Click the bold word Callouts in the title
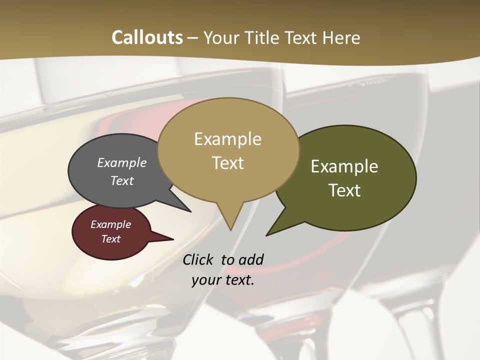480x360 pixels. pyautogui.click(x=147, y=37)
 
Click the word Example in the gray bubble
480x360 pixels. pyautogui.click(x=122, y=162)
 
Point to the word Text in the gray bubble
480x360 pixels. pyautogui.click(x=122, y=180)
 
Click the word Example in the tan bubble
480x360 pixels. pyautogui.click(x=227, y=139)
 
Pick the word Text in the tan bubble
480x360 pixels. pyautogui.click(x=227, y=163)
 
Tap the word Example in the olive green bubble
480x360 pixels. pyautogui.click(x=344, y=166)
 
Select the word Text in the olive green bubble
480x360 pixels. pyautogui.click(x=344, y=190)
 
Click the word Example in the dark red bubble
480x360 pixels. pyautogui.click(x=110, y=224)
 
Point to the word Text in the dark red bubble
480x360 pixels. pyautogui.click(x=110, y=239)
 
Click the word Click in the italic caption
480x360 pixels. pyautogui.click(x=199, y=260)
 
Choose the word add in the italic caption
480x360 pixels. pyautogui.click(x=251, y=260)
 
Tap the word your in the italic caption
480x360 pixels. pyautogui.click(x=205, y=280)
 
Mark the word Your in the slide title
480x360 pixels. pyautogui.click(x=220, y=37)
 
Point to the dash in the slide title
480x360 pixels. pyautogui.click(x=193, y=37)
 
